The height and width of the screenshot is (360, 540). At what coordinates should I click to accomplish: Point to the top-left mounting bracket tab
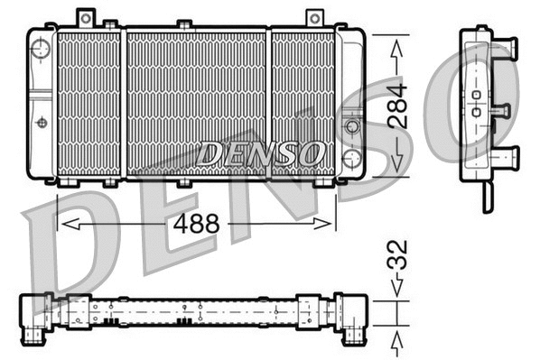pos(86,17)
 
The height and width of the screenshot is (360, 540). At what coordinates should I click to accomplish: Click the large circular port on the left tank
pos(41,49)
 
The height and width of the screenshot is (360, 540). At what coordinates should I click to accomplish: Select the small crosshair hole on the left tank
pos(41,122)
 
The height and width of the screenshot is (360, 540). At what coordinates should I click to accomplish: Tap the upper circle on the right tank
pos(351,125)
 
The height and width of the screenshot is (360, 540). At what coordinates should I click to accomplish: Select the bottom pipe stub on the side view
pos(505,155)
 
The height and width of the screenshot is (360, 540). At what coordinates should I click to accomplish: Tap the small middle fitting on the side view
pos(500,111)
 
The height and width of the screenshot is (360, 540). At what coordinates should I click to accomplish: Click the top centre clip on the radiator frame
pos(183,23)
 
